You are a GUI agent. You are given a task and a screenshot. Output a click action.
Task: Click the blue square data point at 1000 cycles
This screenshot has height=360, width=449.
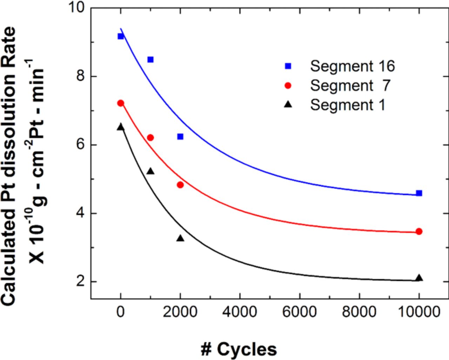(x=150, y=60)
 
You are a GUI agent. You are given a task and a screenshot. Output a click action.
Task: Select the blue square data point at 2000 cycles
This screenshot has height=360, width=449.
(x=180, y=136)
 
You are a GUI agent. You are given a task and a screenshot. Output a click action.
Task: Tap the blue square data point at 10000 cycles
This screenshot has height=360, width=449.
(x=419, y=193)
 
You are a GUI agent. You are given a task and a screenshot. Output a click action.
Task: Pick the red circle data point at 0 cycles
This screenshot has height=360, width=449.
(x=121, y=103)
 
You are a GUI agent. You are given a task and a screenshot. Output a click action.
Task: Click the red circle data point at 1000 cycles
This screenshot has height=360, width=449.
(x=150, y=138)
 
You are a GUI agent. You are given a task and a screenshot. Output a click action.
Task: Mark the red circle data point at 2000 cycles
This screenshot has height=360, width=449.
(x=180, y=185)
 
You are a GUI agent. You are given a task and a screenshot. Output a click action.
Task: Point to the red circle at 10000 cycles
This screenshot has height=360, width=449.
(x=419, y=232)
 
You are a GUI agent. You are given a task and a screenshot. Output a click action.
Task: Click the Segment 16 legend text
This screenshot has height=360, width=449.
(x=352, y=66)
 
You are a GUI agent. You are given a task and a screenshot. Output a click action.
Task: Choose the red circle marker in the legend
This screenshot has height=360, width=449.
(x=288, y=86)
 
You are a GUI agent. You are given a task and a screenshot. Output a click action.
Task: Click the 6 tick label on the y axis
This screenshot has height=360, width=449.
(x=81, y=145)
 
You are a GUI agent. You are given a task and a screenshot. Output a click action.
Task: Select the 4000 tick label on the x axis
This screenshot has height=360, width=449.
(x=240, y=312)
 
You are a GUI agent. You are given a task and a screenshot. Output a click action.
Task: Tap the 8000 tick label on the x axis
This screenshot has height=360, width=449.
(x=359, y=312)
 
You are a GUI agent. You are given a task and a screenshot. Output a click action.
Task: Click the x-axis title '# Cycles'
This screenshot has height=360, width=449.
(x=239, y=349)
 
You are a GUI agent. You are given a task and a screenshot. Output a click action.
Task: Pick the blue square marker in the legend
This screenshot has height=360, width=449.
(x=288, y=66)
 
